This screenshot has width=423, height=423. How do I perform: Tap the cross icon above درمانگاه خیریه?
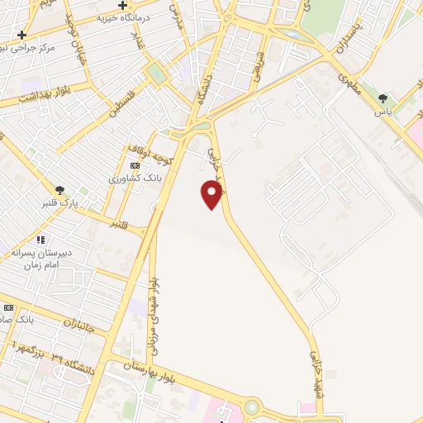(x=122, y=5)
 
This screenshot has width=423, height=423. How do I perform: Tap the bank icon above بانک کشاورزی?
(x=135, y=166)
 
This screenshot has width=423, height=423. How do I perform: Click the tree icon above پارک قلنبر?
(x=59, y=189)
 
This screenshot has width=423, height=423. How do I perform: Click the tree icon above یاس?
(x=382, y=98)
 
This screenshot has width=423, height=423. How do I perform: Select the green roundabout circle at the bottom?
(x=251, y=406)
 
